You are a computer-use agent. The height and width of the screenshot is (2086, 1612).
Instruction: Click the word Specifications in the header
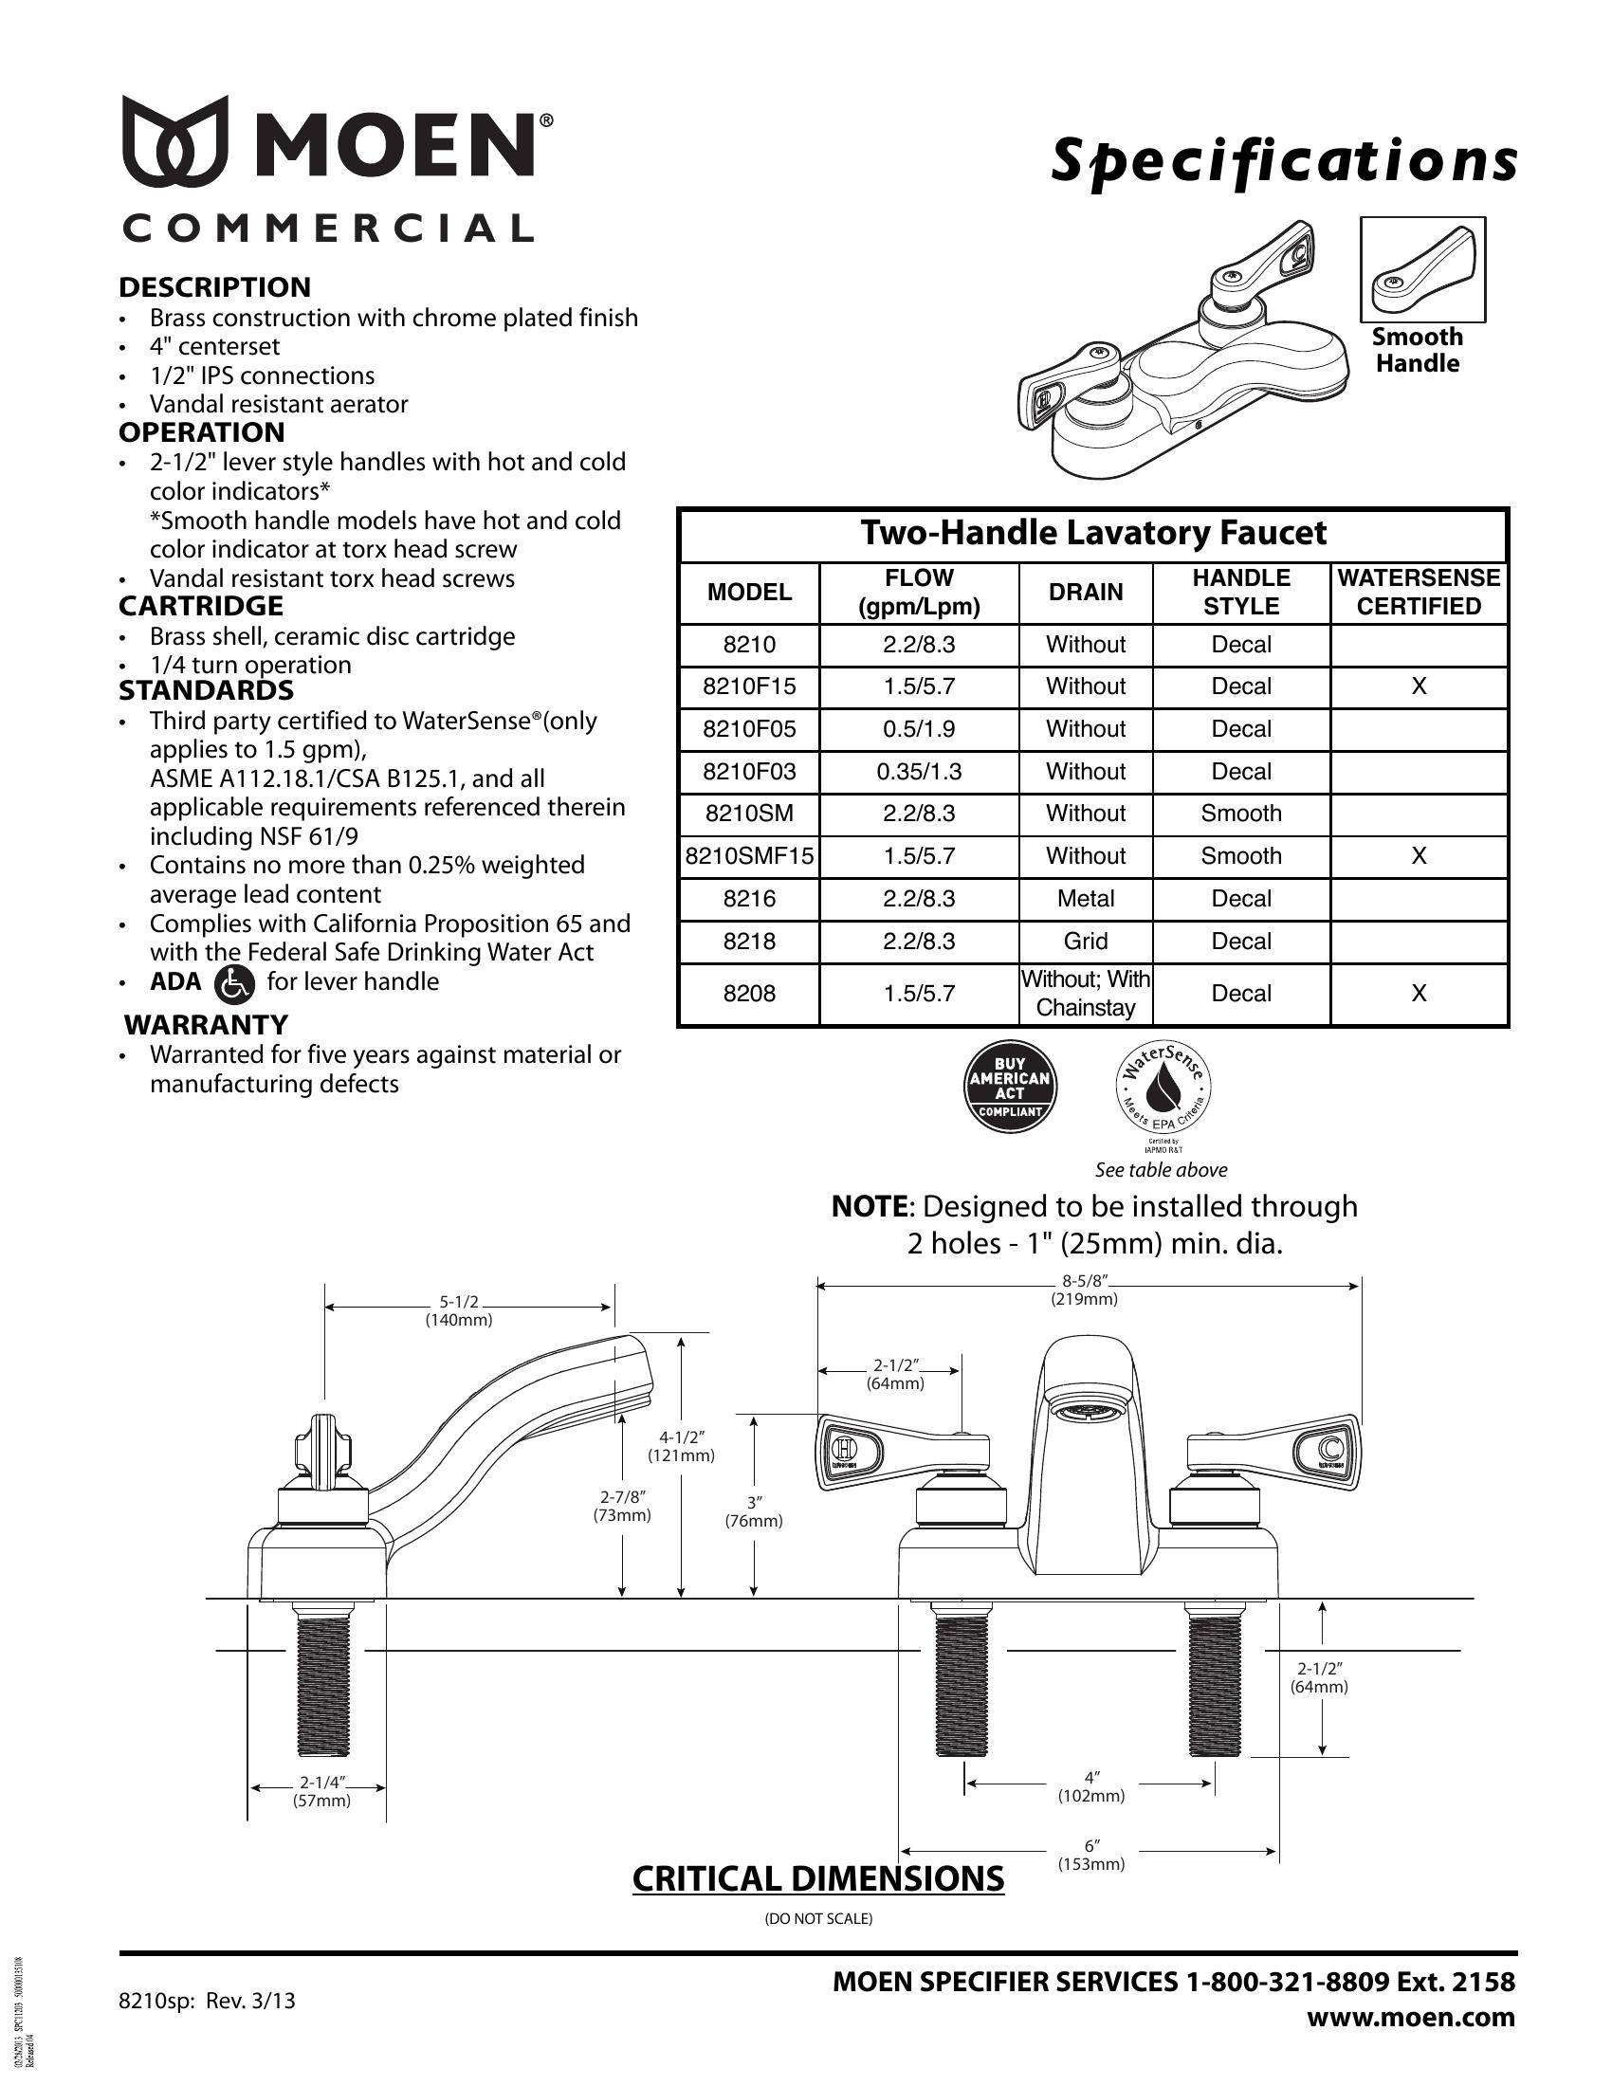tap(1284, 161)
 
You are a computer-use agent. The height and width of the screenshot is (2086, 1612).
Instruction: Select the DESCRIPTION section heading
tap(215, 287)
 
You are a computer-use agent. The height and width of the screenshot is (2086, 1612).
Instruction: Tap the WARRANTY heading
tap(207, 1025)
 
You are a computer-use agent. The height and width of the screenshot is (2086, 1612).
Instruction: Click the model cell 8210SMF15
tap(750, 857)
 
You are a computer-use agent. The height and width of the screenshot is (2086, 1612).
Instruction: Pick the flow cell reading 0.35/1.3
tap(919, 772)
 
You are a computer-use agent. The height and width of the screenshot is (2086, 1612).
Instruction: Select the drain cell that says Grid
tap(1086, 942)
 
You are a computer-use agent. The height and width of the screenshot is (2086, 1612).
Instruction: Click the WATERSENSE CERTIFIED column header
tap(1419, 593)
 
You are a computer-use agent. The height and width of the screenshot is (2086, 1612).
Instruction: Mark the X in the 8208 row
tap(1419, 995)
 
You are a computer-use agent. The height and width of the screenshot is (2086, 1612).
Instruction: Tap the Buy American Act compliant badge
tap(1011, 1087)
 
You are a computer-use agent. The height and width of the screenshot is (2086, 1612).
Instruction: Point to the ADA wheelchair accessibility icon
tap(235, 983)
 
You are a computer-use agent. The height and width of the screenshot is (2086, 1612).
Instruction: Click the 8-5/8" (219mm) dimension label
tap(1084, 1291)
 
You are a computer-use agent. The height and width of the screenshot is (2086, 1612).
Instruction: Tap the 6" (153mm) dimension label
tap(1090, 1855)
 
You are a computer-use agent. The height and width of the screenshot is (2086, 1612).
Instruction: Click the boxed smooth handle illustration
tap(1422, 270)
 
